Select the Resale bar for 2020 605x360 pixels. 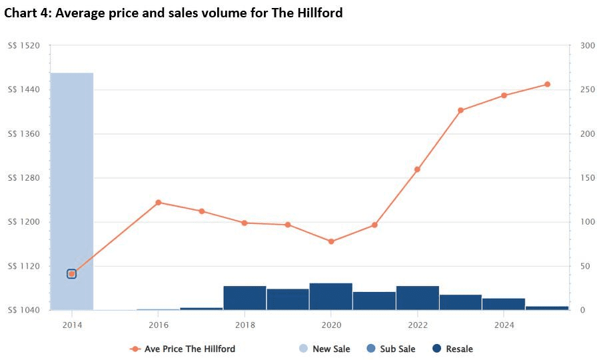(331, 297)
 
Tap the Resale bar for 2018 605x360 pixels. (245, 298)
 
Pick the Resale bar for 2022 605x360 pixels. (417, 298)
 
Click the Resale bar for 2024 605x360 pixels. (504, 304)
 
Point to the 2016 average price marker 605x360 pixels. (159, 203)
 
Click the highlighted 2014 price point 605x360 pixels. (72, 273)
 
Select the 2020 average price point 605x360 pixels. (331, 241)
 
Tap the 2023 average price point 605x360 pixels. (460, 110)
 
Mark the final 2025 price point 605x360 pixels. (547, 84)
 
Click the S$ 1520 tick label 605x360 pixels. (23, 46)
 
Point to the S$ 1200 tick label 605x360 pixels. (23, 222)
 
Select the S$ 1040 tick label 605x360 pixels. (23, 310)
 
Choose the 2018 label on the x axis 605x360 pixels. (245, 325)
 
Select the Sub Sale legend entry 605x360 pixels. (390, 349)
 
